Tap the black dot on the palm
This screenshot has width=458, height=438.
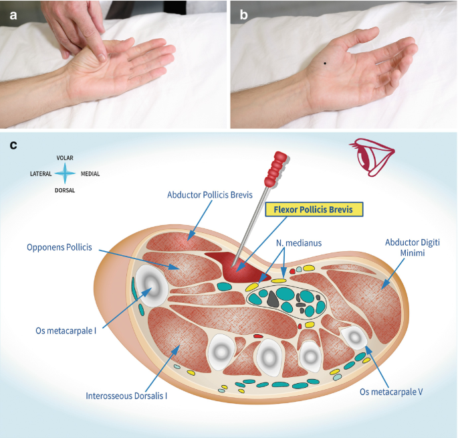(x=325, y=64)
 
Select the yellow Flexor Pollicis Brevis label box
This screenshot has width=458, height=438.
(x=313, y=210)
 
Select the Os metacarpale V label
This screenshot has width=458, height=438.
(x=391, y=392)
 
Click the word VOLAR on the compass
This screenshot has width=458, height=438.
(x=66, y=158)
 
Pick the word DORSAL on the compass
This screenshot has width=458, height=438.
(x=66, y=190)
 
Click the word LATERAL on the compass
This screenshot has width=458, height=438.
(x=41, y=174)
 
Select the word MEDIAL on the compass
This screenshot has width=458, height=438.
(x=90, y=174)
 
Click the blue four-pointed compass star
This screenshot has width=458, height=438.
(x=66, y=174)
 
